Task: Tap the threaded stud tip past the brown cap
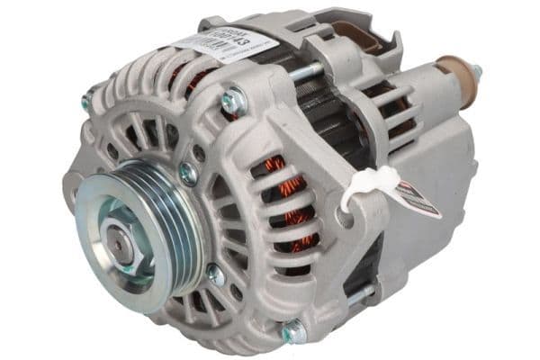click(474, 71)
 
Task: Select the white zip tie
click(364, 184)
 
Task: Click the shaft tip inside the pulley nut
click(117, 240)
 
